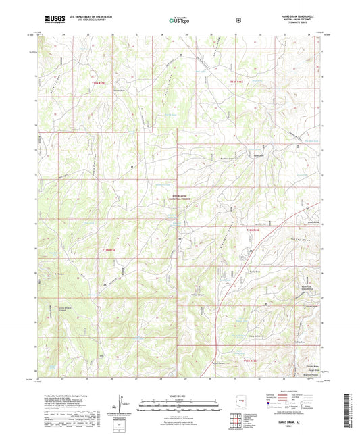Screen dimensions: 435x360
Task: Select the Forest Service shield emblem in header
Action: click(238, 20)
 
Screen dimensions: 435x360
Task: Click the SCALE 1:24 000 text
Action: click(179, 395)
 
